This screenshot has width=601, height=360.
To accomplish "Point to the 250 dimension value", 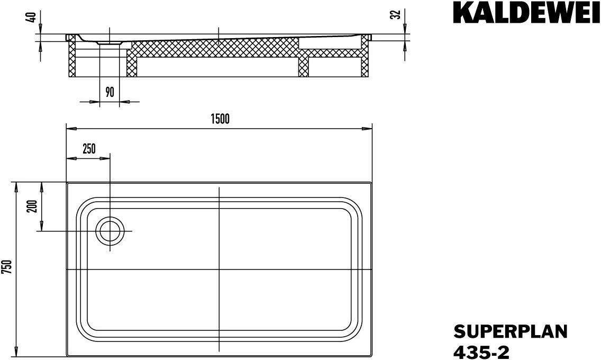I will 89,149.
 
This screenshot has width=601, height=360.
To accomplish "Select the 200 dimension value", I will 31,206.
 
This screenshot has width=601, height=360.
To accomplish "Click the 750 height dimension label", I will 7,267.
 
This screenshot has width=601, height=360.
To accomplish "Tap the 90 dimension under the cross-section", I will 110,92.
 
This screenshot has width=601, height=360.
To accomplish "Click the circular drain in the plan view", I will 110,232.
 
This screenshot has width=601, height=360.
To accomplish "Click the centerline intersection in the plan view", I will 219,269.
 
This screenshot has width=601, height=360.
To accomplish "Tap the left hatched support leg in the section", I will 72,61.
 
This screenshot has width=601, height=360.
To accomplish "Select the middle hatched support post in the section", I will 303,66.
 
